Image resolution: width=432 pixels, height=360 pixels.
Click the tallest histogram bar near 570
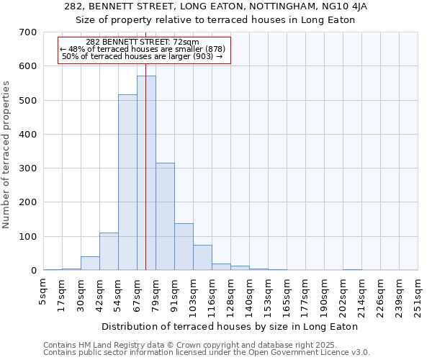(x=146, y=173)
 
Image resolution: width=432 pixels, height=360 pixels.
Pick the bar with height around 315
(x=165, y=216)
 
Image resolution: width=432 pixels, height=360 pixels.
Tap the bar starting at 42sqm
(x=109, y=251)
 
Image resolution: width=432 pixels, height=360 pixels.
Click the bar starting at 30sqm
(x=90, y=264)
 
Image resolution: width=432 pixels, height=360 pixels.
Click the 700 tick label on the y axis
(x=28, y=32)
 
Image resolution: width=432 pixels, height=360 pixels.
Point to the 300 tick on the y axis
(x=28, y=168)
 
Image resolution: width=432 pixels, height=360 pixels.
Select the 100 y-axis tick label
(x=28, y=237)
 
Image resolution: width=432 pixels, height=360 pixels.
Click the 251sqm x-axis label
(x=418, y=295)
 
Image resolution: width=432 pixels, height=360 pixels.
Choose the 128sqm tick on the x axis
(x=230, y=295)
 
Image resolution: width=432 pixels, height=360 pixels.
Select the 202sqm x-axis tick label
(x=343, y=295)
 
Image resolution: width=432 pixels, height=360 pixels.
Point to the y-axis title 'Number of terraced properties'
(x=7, y=154)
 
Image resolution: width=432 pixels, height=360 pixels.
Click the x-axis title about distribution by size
(x=230, y=326)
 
